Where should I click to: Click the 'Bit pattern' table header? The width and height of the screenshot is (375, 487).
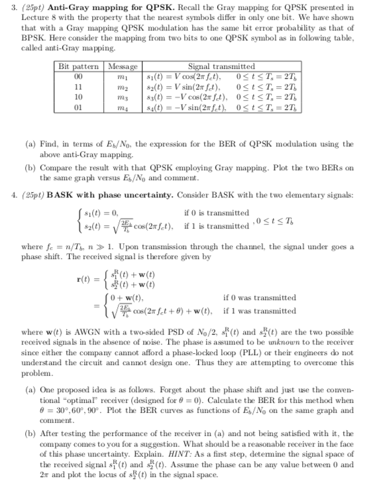[79, 66]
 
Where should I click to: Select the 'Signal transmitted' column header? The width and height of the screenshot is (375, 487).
[221, 66]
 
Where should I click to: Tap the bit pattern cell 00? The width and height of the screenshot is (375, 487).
[79, 76]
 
